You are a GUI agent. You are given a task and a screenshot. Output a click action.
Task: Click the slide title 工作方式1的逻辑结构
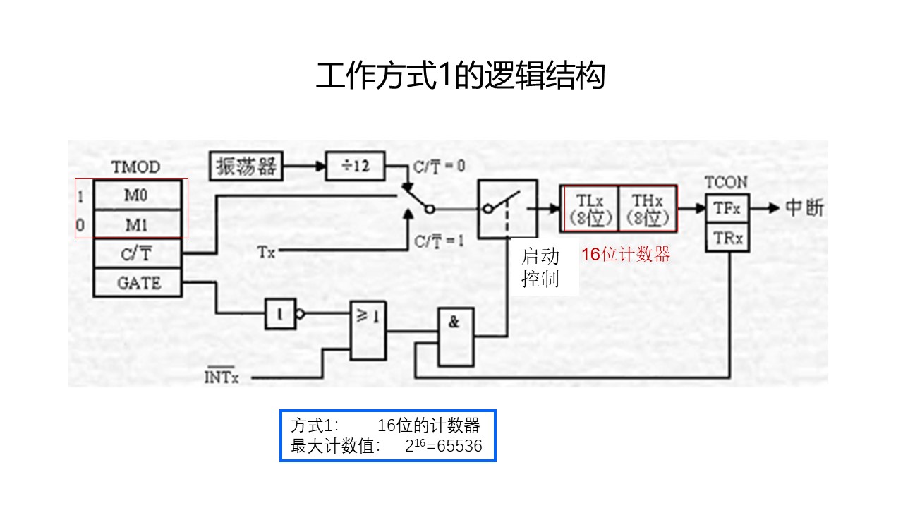click(x=460, y=77)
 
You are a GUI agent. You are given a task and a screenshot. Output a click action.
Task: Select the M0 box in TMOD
click(x=137, y=195)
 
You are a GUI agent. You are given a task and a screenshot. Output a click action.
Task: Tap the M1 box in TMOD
click(x=137, y=226)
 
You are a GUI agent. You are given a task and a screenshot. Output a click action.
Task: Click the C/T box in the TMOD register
click(x=137, y=253)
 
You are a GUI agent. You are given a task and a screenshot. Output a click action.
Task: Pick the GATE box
click(x=138, y=283)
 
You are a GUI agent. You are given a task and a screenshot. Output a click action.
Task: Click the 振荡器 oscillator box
click(x=246, y=167)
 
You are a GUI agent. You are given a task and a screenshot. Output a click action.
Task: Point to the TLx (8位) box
click(x=589, y=209)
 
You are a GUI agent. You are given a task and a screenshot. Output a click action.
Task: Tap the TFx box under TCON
click(x=727, y=208)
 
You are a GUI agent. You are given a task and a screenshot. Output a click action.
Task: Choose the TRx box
click(x=727, y=238)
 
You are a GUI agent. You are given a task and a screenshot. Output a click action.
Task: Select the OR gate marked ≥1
click(x=369, y=329)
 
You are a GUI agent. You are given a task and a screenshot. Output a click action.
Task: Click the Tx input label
click(x=266, y=251)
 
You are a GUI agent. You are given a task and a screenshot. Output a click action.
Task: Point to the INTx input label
click(x=222, y=377)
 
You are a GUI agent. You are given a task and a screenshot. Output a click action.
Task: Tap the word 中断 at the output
click(x=804, y=208)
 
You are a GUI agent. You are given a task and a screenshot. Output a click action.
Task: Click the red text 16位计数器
click(x=625, y=255)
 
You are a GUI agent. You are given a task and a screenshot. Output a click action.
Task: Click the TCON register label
click(x=726, y=182)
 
